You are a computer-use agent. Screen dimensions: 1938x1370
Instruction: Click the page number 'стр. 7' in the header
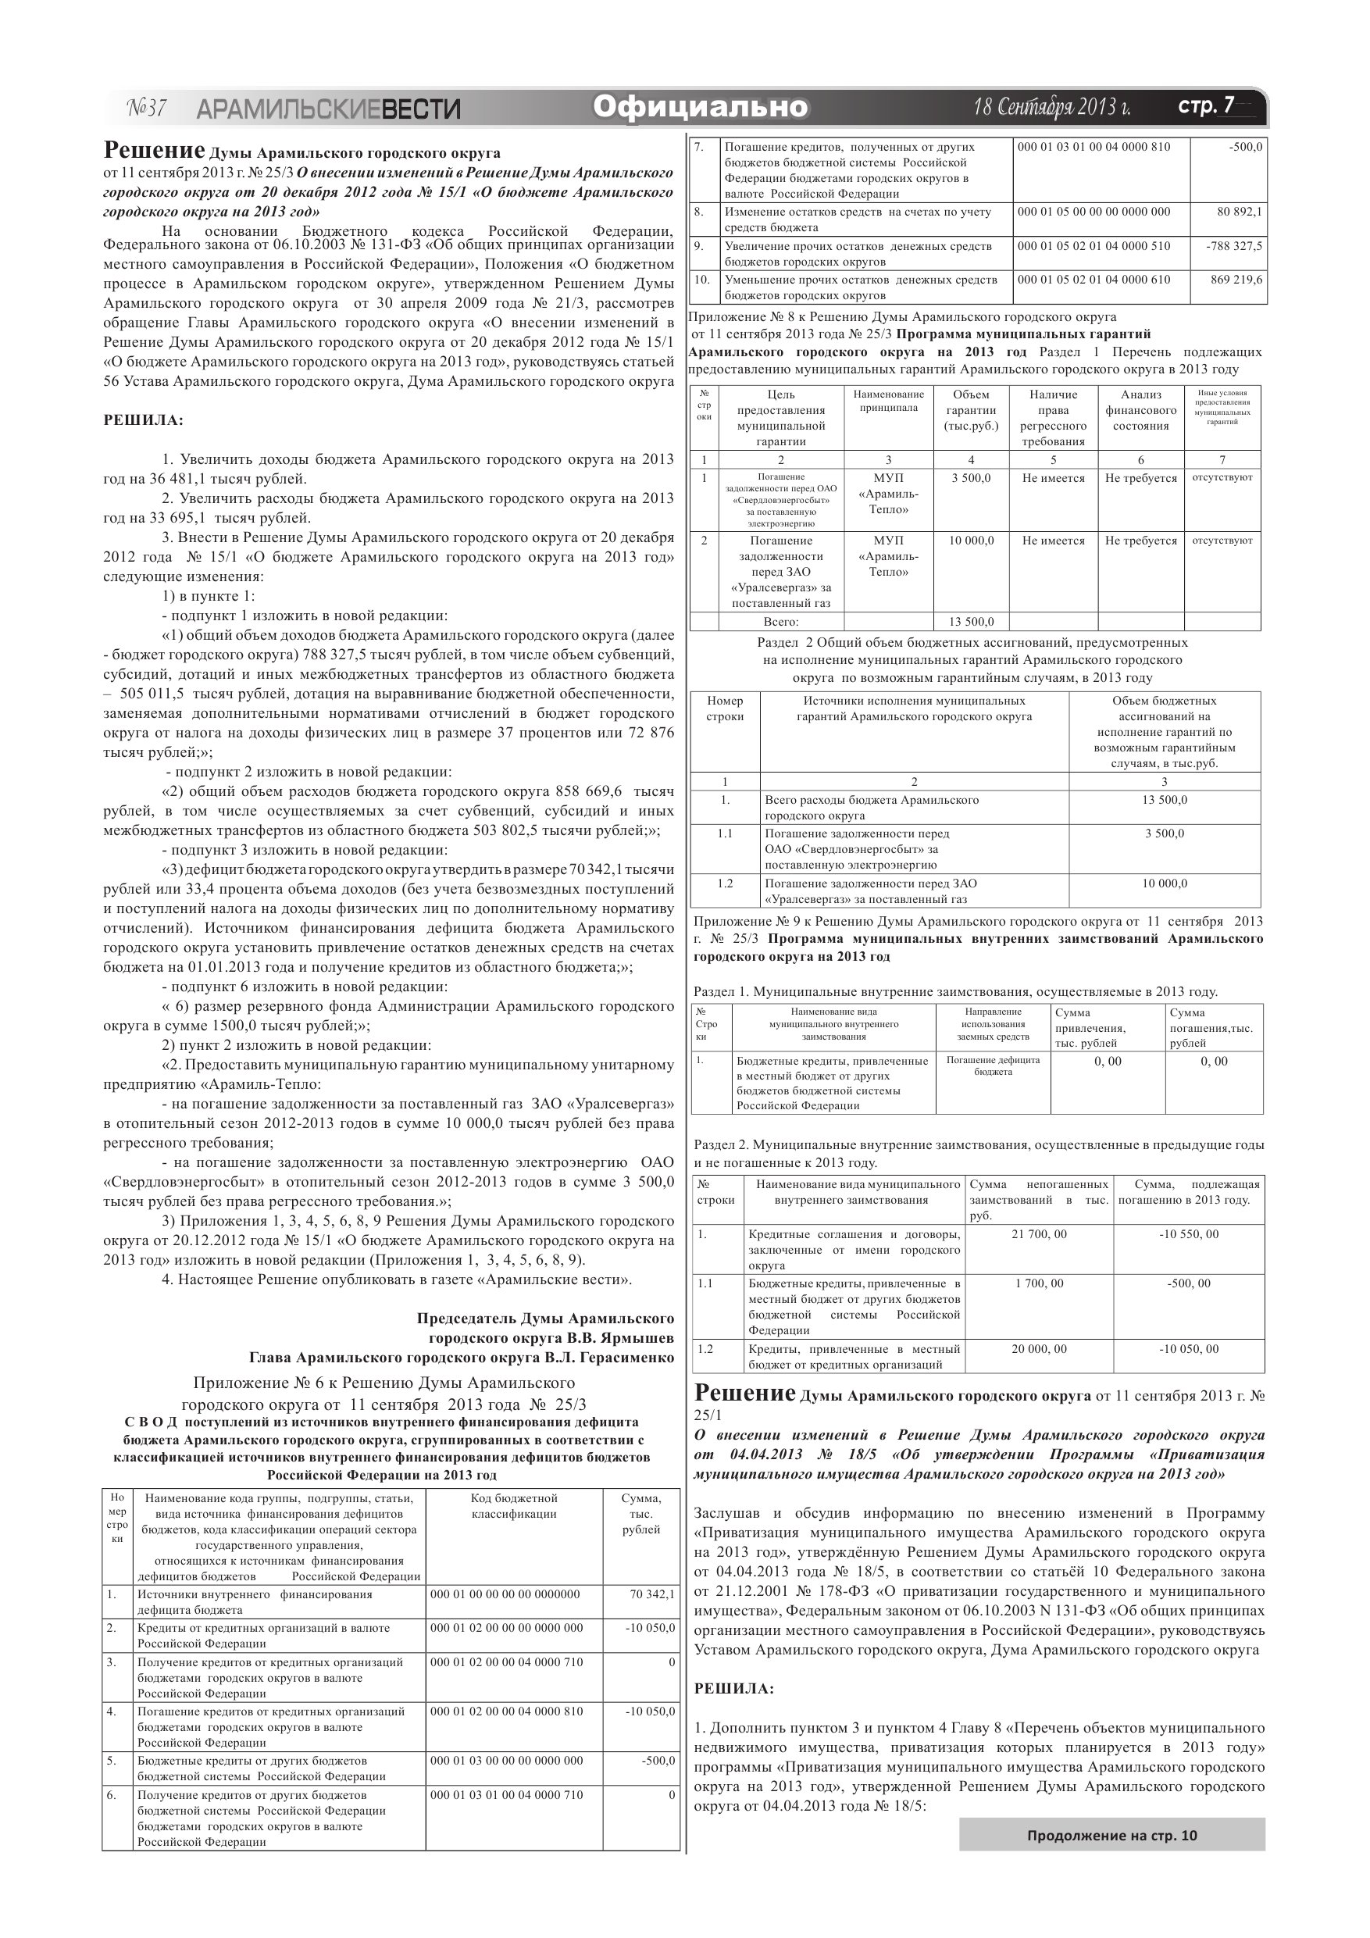(x=1205, y=105)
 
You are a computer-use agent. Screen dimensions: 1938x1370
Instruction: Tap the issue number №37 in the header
(x=146, y=108)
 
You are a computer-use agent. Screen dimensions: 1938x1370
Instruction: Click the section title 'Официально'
(x=700, y=107)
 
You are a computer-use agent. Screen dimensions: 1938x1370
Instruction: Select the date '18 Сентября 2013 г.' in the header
(x=1052, y=107)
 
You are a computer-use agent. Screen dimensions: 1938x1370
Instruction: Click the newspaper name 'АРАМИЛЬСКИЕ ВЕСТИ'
(x=328, y=109)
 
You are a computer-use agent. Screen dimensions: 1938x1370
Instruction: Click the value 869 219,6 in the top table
(x=1236, y=280)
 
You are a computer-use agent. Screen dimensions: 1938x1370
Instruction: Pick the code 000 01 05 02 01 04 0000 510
(x=1094, y=245)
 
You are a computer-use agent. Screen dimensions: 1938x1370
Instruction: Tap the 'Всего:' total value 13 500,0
(x=971, y=621)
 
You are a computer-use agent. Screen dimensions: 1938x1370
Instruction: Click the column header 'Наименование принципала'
(x=888, y=401)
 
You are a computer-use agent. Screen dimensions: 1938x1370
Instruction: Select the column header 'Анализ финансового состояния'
(x=1140, y=410)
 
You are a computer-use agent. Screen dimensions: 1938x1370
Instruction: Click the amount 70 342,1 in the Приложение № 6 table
(x=651, y=1594)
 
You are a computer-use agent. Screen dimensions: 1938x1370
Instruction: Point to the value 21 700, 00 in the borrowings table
(x=1038, y=1234)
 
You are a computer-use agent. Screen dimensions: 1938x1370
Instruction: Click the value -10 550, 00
(x=1189, y=1234)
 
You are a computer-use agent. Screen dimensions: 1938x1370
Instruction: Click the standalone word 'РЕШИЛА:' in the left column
(x=143, y=420)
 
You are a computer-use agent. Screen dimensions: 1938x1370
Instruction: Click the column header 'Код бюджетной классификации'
(x=513, y=1506)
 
